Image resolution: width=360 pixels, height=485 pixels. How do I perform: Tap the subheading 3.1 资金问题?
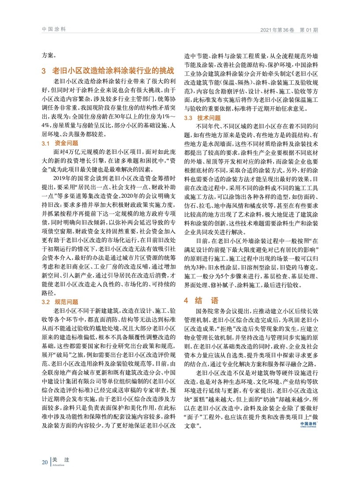(60, 143)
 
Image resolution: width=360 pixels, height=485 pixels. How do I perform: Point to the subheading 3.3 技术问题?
(202, 118)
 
